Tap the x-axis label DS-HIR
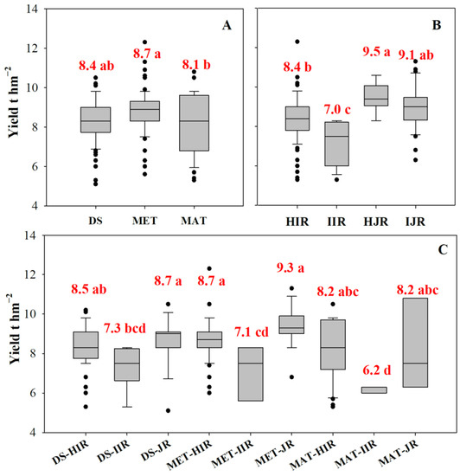click(x=67, y=451)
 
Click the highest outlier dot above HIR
click(x=297, y=42)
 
